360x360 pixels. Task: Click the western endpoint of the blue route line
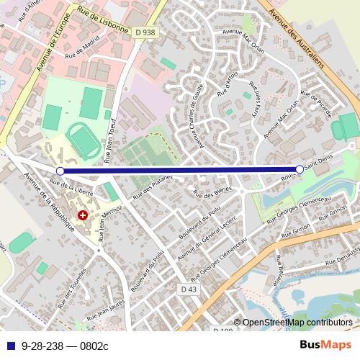pyautogui.click(x=60, y=171)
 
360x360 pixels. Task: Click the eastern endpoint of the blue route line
pyautogui.click(x=300, y=169)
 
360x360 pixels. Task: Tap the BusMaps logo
pyautogui.click(x=330, y=346)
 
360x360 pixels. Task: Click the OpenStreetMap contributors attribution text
pyautogui.click(x=297, y=323)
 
